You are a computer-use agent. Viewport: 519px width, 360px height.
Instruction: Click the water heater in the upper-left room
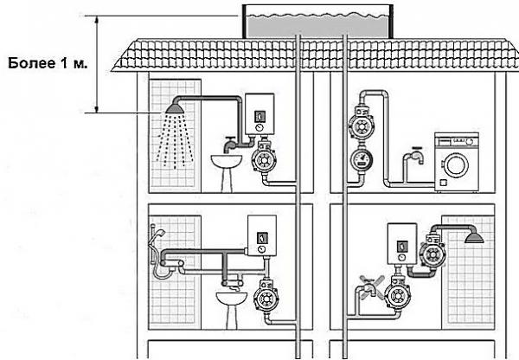pos(259,113)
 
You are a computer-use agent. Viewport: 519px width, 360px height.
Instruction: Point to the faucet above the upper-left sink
pos(227,141)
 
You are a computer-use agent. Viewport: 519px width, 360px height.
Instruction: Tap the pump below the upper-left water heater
pos(263,159)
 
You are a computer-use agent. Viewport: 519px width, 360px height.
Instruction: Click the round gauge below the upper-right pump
pos(362,161)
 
